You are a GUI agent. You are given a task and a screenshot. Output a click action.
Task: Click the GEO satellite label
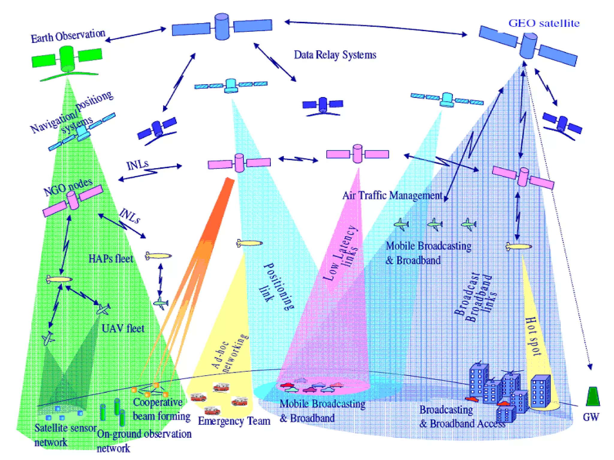click(544, 23)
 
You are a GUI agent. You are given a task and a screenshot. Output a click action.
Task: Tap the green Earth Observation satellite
click(67, 59)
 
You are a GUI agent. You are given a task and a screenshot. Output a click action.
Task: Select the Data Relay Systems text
click(335, 55)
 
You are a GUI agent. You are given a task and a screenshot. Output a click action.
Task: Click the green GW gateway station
click(593, 397)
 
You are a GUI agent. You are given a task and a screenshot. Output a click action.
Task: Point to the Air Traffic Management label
click(392, 196)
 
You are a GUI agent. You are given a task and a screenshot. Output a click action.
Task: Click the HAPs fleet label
click(111, 259)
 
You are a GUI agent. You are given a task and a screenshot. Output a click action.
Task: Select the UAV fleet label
click(123, 329)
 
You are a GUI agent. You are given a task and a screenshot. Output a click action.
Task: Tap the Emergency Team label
click(234, 421)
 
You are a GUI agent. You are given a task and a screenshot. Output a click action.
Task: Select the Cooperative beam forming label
click(161, 409)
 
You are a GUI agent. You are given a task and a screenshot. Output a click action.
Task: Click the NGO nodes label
click(68, 187)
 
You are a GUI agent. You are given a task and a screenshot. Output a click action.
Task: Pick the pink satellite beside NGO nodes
click(73, 201)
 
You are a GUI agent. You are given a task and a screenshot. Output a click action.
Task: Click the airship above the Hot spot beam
click(519, 247)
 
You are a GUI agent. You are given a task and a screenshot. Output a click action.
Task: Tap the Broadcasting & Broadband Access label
click(462, 417)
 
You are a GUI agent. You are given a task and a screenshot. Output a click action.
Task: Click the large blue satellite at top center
click(222, 27)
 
